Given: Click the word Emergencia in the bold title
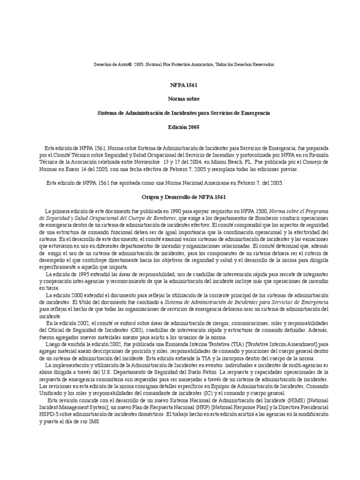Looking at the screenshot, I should pyautogui.click(x=256, y=113).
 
